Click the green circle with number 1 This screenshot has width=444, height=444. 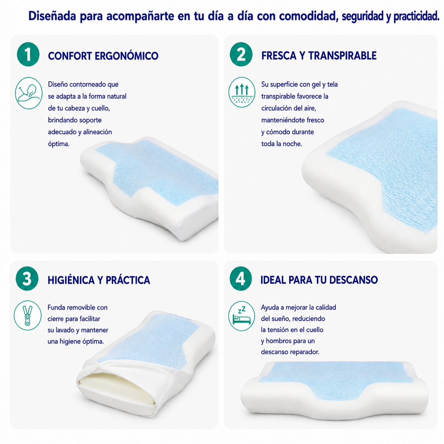click(28, 54)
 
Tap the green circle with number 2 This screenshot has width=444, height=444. click(241, 54)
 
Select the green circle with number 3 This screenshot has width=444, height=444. click(27, 279)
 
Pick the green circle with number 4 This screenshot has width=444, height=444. click(241, 279)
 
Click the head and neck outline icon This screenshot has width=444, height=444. click(28, 93)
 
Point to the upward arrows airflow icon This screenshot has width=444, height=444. click(242, 92)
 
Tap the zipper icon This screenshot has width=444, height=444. click(28, 315)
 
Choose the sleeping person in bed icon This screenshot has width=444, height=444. click(242, 316)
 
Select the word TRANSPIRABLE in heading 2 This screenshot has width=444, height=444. click(342, 55)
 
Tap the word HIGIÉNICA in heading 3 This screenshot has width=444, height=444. click(71, 280)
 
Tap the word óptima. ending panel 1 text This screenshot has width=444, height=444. click(58, 144)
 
